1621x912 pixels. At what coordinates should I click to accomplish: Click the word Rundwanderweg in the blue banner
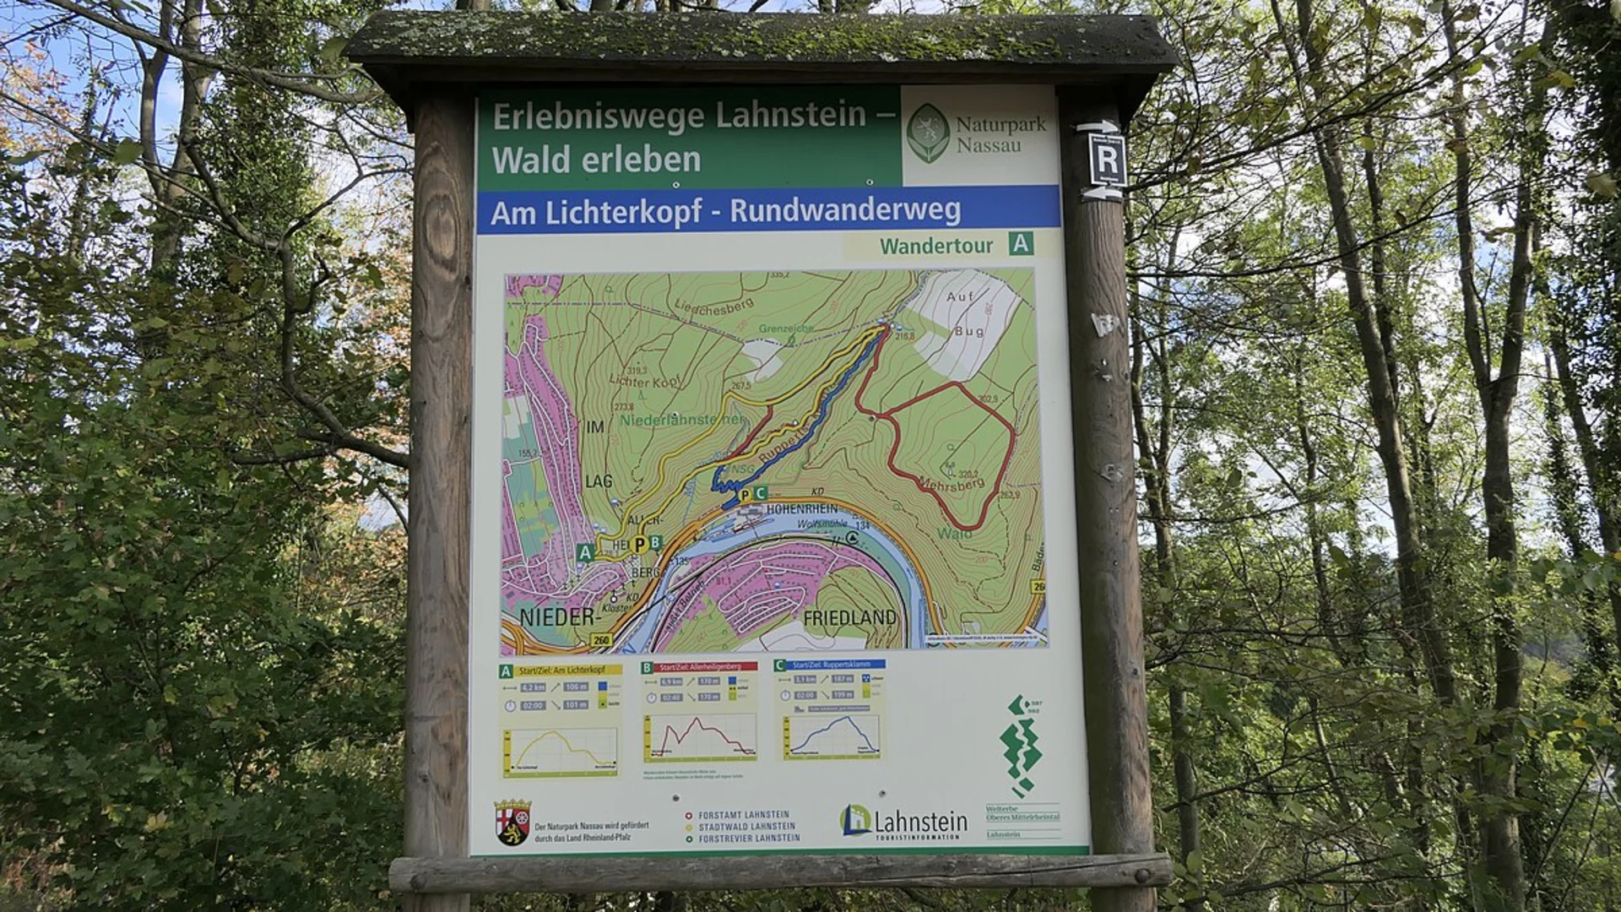tap(845, 210)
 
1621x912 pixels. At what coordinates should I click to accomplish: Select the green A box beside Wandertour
tap(1021, 245)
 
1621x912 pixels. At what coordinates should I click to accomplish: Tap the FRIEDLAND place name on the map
tap(849, 618)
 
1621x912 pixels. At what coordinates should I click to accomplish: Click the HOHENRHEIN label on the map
tap(802, 508)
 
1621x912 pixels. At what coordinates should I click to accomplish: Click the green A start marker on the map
tap(584, 552)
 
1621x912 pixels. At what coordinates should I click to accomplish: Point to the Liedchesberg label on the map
tap(713, 313)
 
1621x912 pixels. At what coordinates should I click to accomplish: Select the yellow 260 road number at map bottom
tap(601, 640)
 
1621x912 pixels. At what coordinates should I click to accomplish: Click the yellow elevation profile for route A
tap(561, 750)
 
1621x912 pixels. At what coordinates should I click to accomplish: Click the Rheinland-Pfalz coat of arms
tap(512, 822)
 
